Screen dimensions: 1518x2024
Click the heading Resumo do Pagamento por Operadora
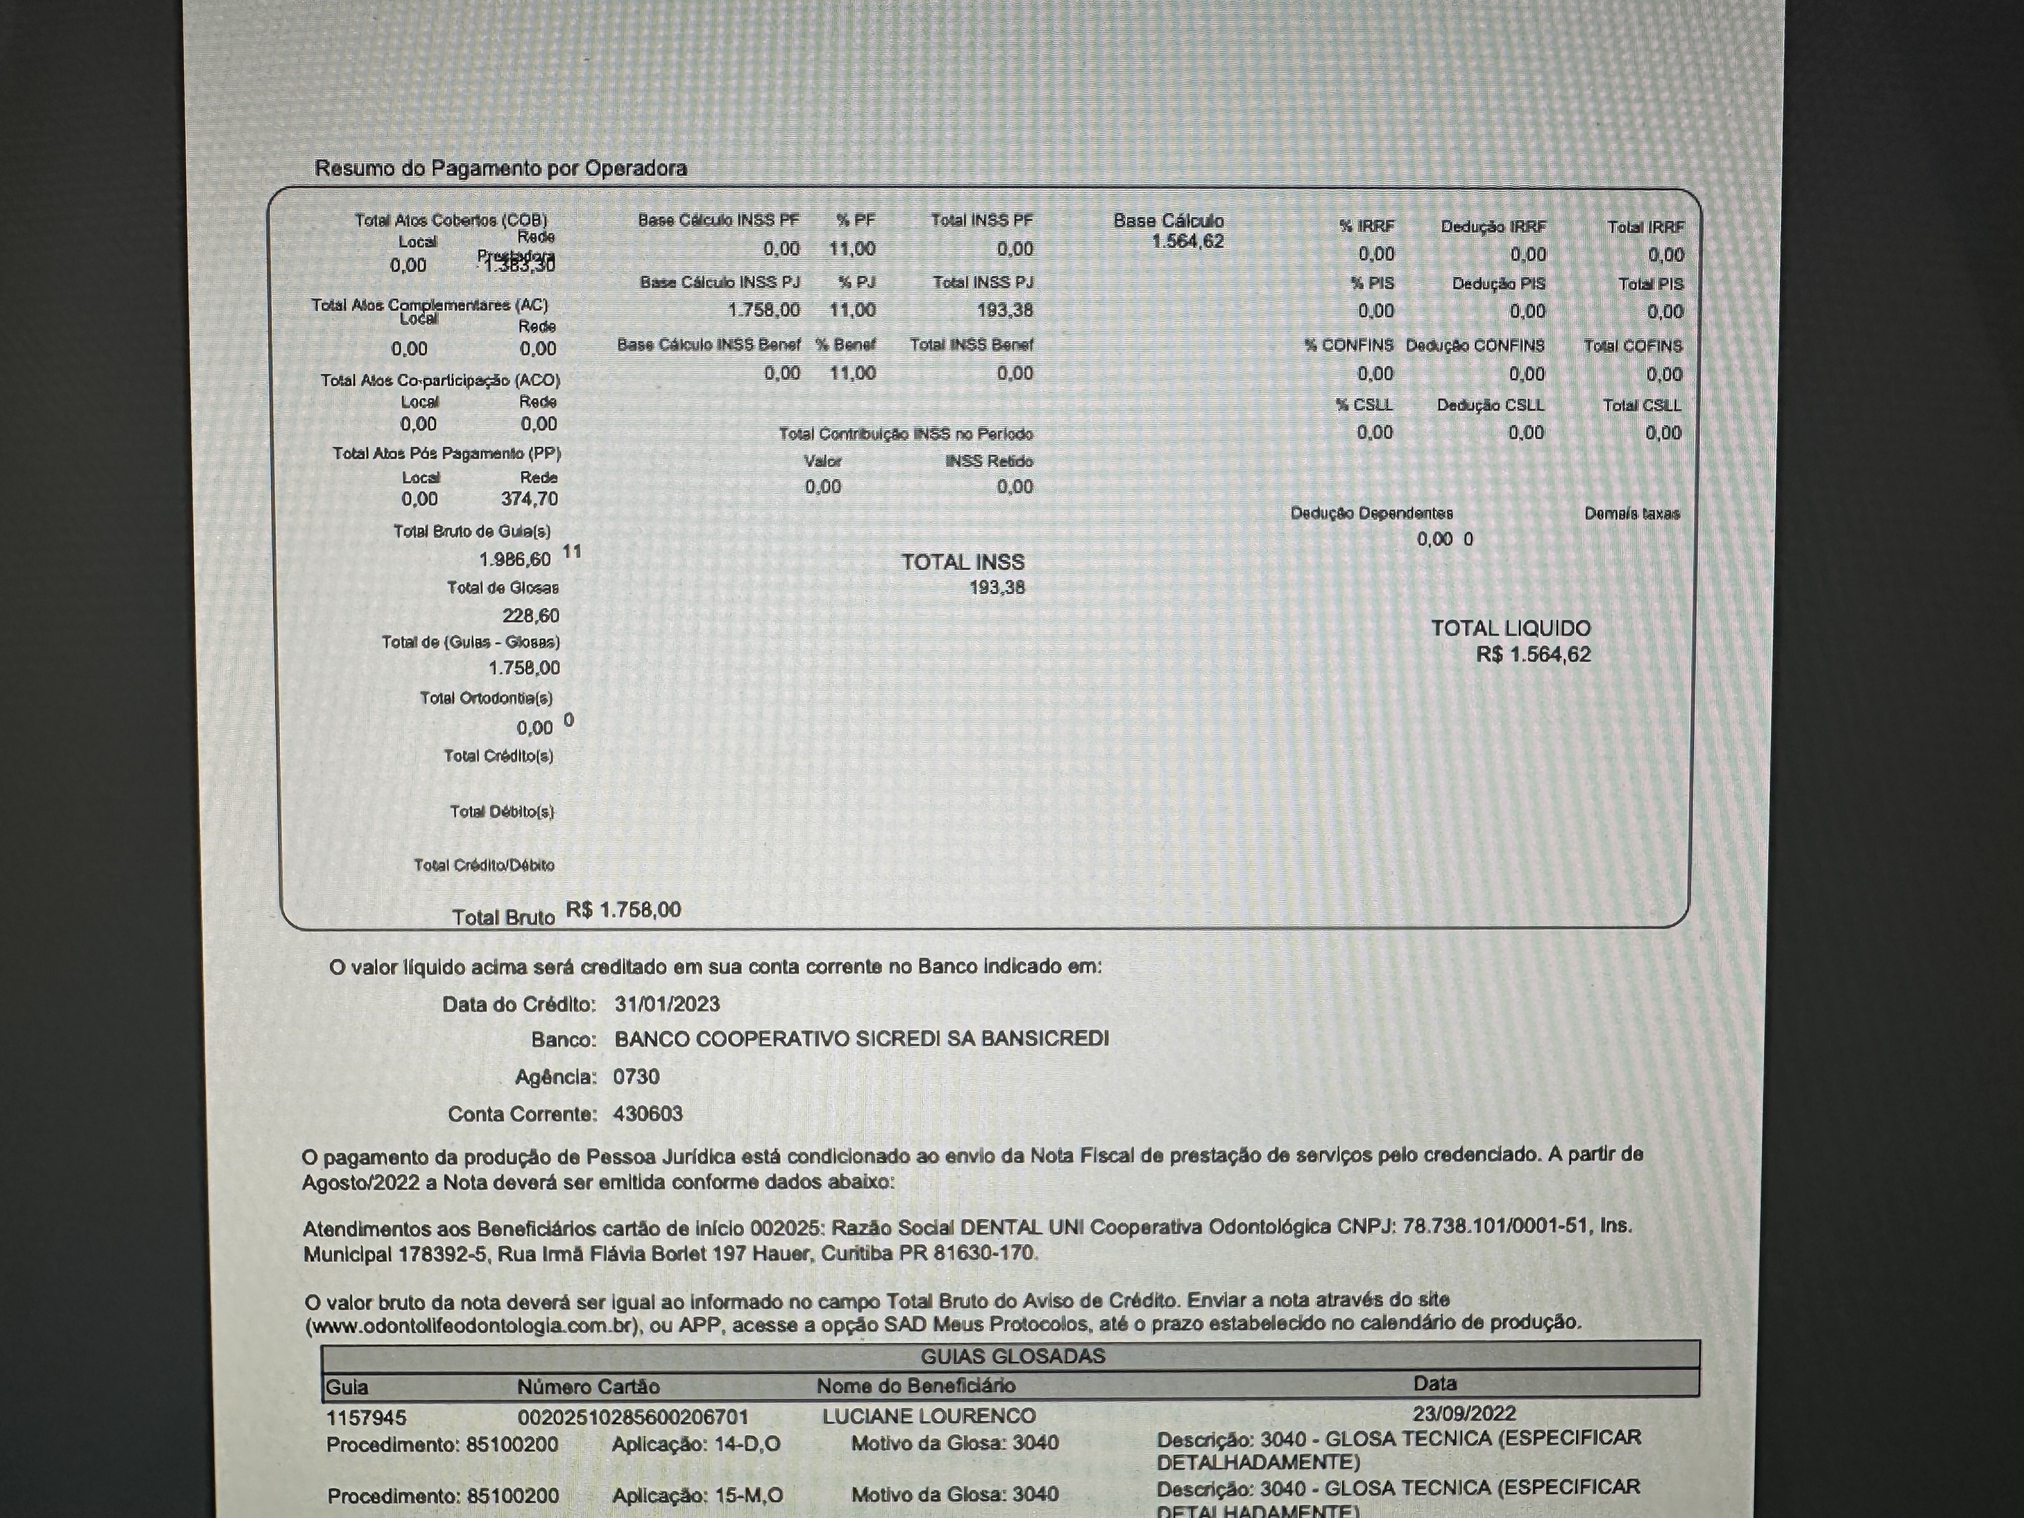(x=500, y=168)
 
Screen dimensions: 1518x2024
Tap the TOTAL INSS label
(x=963, y=562)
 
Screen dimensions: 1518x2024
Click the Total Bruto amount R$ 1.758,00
(x=623, y=910)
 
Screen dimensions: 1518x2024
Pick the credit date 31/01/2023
(x=667, y=1004)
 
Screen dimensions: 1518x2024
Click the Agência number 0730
(x=636, y=1077)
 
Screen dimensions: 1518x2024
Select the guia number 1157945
(x=366, y=1417)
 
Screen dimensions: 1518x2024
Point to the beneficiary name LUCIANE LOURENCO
(x=929, y=1417)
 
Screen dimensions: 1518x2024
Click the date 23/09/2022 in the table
(x=1464, y=1414)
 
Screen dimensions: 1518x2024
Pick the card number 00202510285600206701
(x=633, y=1417)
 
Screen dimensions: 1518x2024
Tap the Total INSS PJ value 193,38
(x=1004, y=310)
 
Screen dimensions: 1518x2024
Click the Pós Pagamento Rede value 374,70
(x=529, y=498)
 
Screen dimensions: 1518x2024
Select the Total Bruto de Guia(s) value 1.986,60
(x=515, y=559)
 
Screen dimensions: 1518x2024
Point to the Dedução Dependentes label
(x=1371, y=514)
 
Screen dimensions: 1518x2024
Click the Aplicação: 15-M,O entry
(x=697, y=1495)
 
